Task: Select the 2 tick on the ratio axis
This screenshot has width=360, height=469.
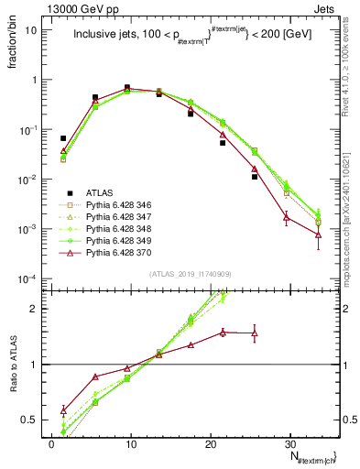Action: click(39, 309)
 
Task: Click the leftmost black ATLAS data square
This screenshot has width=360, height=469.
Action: click(63, 138)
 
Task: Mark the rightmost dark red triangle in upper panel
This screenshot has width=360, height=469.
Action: click(318, 235)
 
